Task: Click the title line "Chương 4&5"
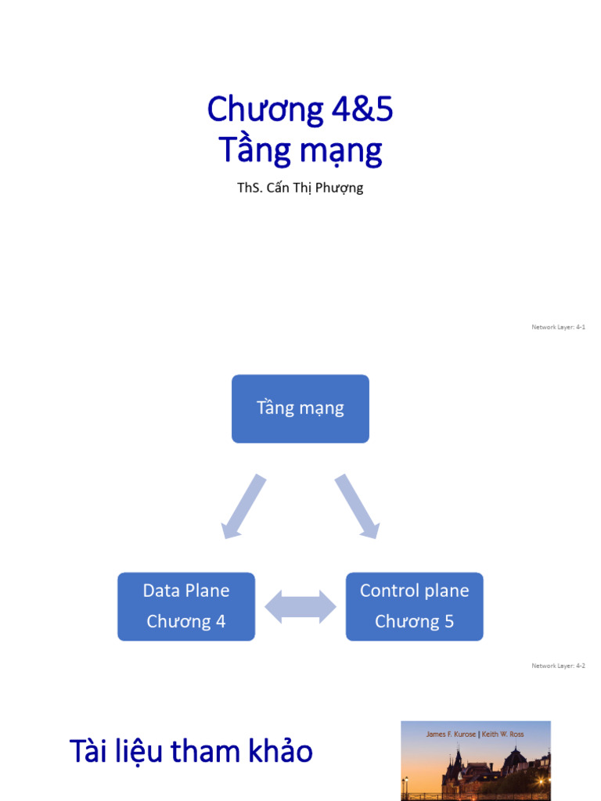(x=300, y=110)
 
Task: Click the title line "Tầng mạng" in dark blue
(x=300, y=149)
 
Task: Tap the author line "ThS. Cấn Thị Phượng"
(x=300, y=188)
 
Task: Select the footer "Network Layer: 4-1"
(x=558, y=327)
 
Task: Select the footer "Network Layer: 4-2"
(x=558, y=666)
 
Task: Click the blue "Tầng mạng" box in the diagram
(x=300, y=408)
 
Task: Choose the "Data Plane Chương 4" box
(x=186, y=606)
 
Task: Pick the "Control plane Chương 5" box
(x=414, y=606)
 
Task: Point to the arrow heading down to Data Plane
(x=243, y=507)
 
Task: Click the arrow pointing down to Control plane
(x=358, y=507)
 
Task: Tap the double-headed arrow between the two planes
(x=300, y=607)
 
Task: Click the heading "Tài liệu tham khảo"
(x=191, y=752)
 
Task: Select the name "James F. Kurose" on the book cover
(x=451, y=735)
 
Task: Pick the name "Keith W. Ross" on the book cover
(x=502, y=735)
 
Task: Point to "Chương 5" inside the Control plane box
(x=414, y=622)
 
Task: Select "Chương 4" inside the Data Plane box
(x=186, y=622)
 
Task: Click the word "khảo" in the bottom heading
(x=282, y=752)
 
